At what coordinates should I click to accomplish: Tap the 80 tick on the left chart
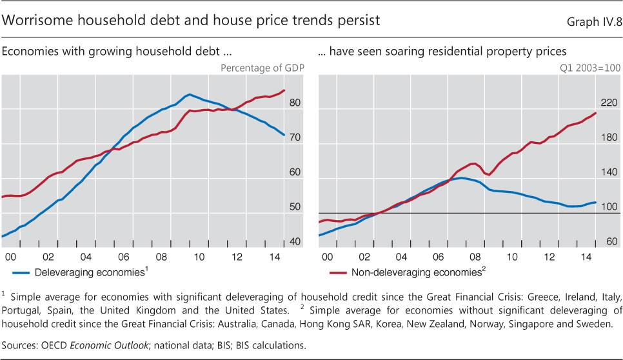click(295, 103)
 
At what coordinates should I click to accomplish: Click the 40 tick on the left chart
click(295, 242)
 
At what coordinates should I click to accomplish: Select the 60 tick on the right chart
click(612, 242)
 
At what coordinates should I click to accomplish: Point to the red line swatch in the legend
click(334, 272)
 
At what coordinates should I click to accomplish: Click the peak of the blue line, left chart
click(189, 94)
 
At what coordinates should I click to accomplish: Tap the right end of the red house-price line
click(595, 113)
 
